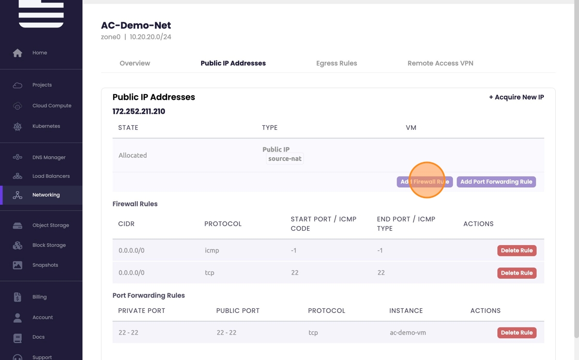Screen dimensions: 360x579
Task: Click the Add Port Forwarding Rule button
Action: [496, 182]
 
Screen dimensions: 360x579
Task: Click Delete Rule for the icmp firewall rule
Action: [516, 250]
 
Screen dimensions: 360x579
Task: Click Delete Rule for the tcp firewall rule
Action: [516, 273]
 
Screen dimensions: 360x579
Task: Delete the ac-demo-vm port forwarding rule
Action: [516, 333]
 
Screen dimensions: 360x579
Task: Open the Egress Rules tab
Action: [337, 63]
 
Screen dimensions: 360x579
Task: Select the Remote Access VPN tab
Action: [440, 63]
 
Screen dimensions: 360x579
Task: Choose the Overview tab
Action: [135, 63]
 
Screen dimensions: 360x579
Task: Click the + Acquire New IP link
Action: [516, 97]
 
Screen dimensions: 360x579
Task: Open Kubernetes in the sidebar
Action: [46, 126]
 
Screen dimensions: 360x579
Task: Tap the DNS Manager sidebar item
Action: [49, 157]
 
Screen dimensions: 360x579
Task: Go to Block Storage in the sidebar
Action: [49, 245]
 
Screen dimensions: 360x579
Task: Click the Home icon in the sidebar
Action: [18, 53]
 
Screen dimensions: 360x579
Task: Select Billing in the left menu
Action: [39, 297]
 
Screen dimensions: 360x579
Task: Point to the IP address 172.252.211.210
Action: [139, 111]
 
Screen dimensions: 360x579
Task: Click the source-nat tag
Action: [285, 159]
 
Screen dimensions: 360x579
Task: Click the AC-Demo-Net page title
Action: [136, 25]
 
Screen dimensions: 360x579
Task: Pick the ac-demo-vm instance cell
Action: [408, 333]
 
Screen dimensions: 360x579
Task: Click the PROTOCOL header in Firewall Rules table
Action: [223, 224]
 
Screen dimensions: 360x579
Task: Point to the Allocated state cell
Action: [133, 155]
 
